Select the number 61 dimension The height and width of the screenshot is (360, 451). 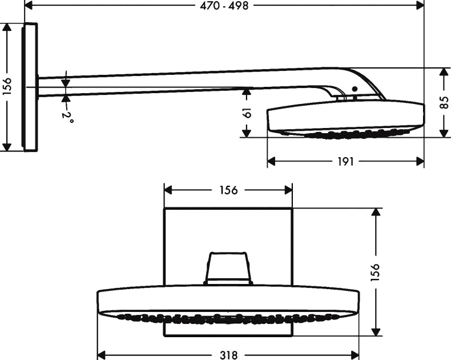click(x=247, y=113)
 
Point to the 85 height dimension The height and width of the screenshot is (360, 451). click(x=444, y=103)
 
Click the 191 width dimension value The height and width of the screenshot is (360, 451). click(x=345, y=162)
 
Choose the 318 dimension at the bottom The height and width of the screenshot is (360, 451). click(x=228, y=354)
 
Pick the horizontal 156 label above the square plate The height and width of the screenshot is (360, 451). click(x=228, y=190)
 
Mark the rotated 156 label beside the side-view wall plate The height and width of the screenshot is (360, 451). click(x=6, y=87)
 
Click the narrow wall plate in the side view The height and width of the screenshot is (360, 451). click(x=30, y=87)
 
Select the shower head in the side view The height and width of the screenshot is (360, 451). click(x=345, y=119)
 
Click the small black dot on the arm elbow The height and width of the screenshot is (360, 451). click(x=355, y=90)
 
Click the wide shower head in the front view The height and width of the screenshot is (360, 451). click(x=228, y=302)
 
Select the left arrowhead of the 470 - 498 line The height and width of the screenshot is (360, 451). click(x=28, y=5)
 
